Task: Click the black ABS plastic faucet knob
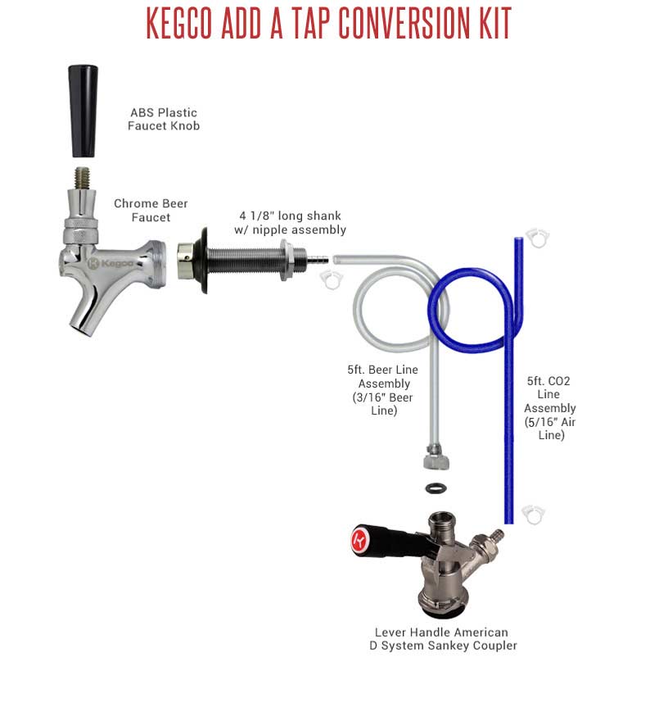(x=83, y=111)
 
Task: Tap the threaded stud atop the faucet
(x=83, y=179)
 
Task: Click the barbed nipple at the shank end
(x=317, y=261)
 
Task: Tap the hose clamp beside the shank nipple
(x=332, y=279)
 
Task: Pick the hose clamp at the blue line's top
(x=538, y=238)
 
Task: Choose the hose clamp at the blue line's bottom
(x=534, y=515)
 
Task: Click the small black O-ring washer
(x=436, y=488)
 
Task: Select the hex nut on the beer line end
(x=436, y=460)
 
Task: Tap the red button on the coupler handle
(x=359, y=541)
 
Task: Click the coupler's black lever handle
(x=394, y=541)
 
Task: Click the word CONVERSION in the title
(x=404, y=22)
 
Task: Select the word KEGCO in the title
(x=179, y=22)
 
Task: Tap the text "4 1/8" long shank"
(x=291, y=216)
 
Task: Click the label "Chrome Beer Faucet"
(x=151, y=211)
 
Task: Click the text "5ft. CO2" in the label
(x=548, y=381)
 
